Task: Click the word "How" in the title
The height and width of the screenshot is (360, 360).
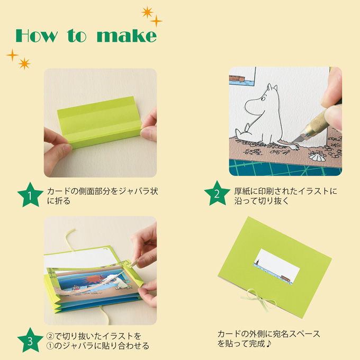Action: coord(38,35)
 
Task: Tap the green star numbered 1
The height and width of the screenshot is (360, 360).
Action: coord(30,196)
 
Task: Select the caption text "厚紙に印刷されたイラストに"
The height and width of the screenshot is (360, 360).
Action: coord(285,191)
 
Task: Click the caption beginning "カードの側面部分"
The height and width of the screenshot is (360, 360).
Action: coord(102,191)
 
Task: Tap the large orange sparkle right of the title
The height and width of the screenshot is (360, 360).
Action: coord(147,12)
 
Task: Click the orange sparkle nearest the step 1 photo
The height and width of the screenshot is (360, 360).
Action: coord(24,64)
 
